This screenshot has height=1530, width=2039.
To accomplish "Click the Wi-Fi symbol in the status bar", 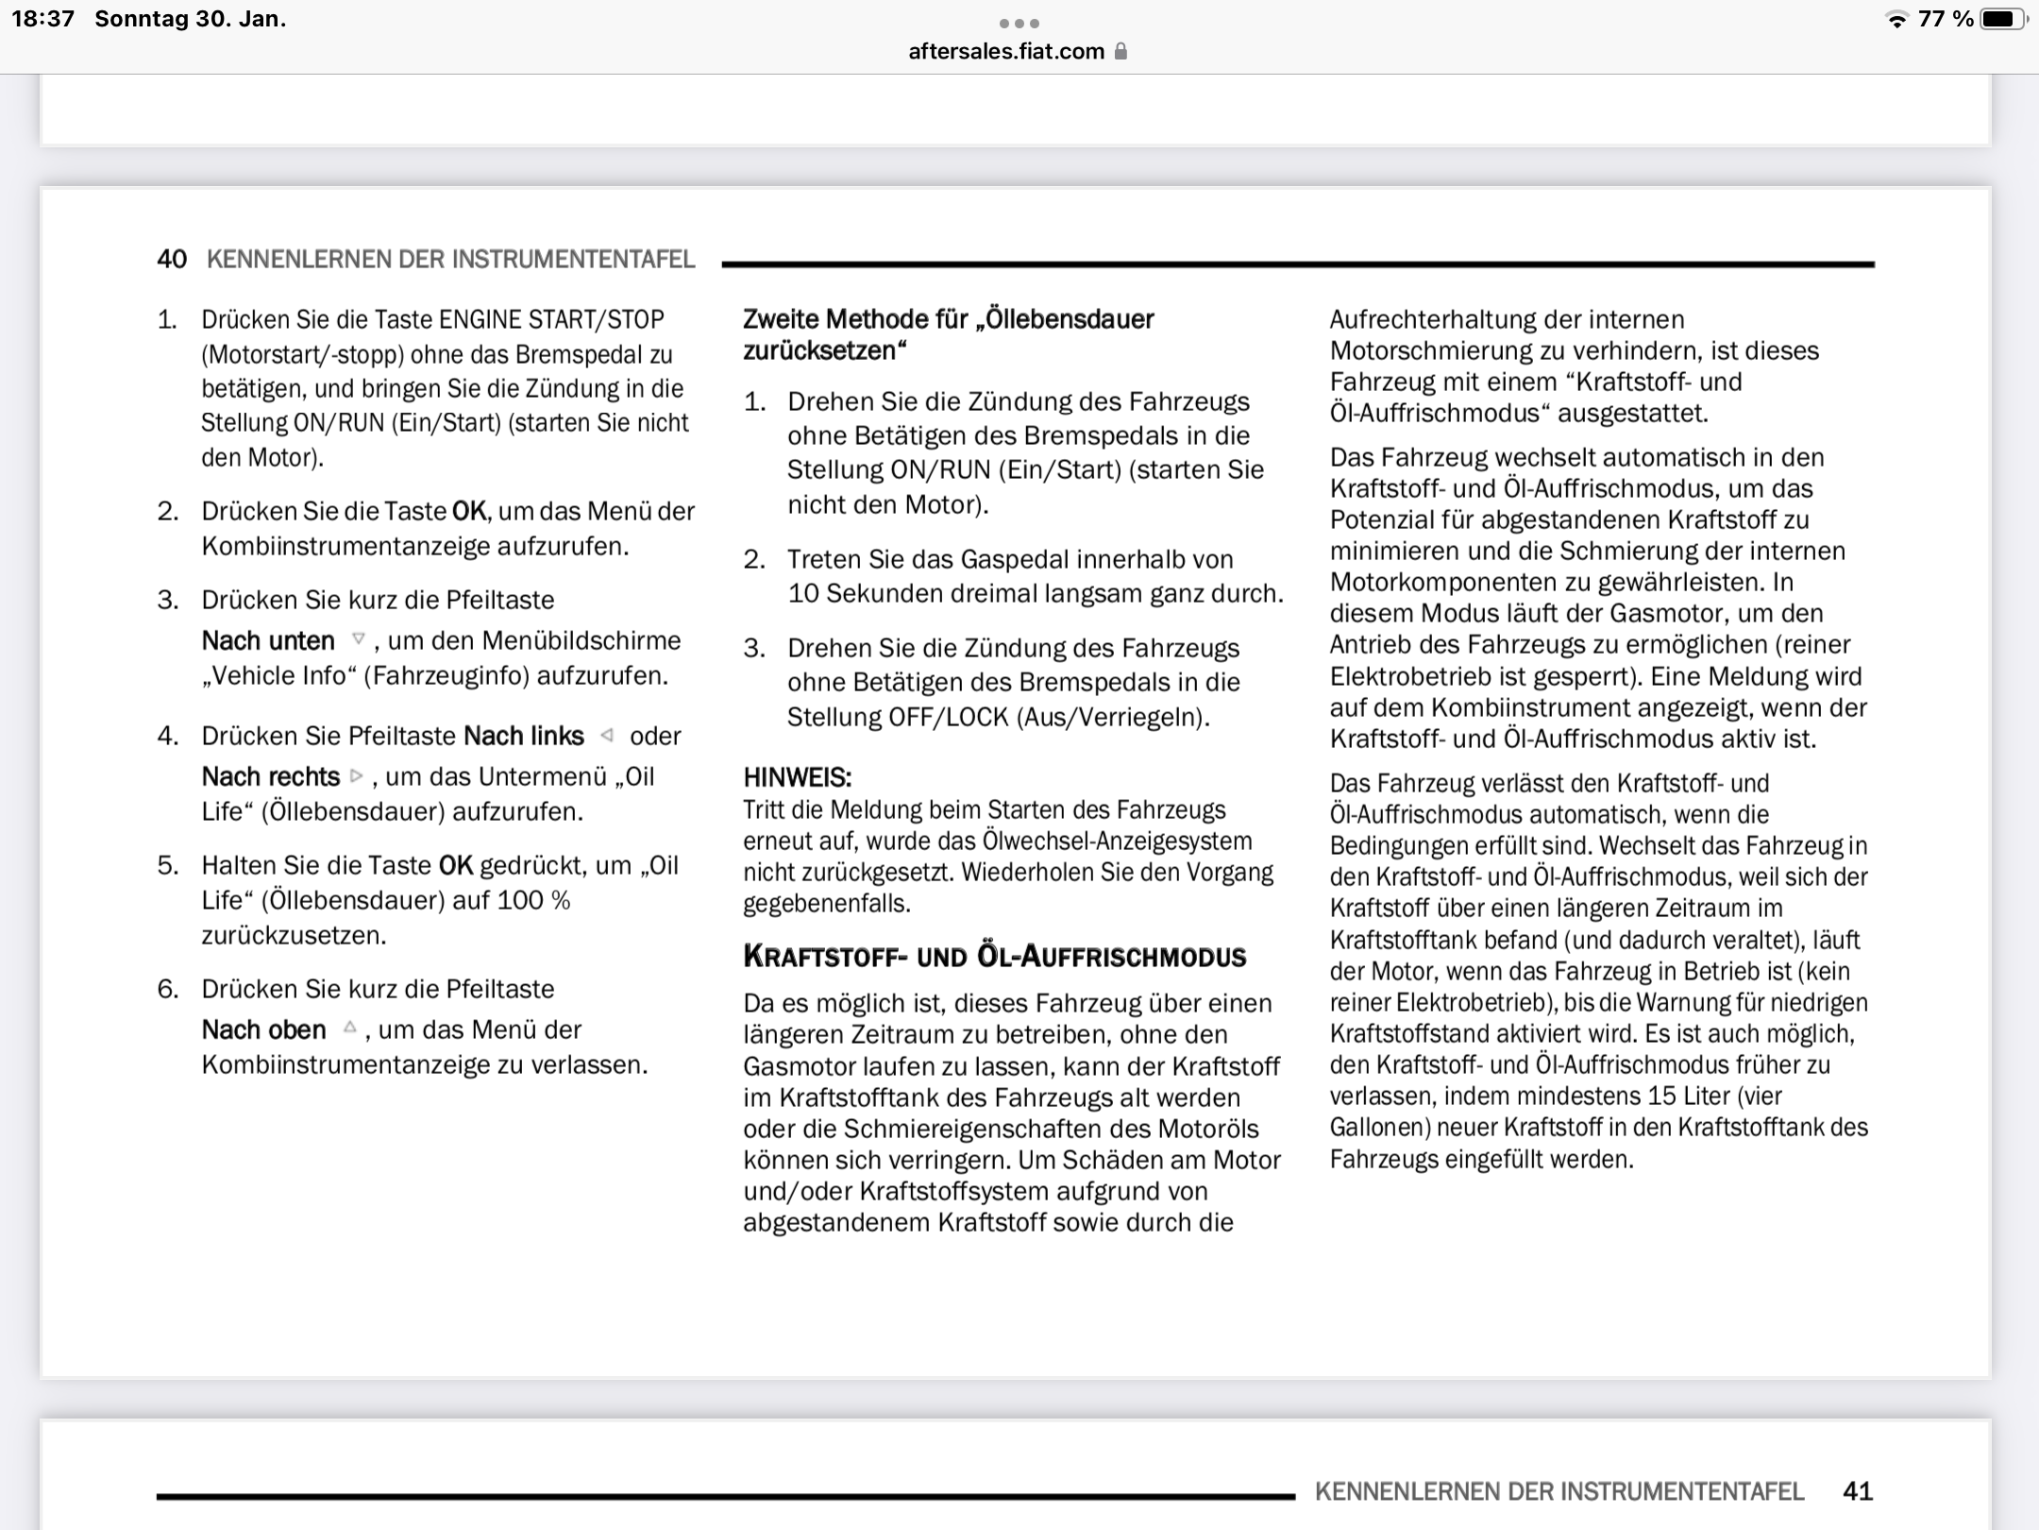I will point(1896,20).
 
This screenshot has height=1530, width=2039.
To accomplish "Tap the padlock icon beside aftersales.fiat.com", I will point(1121,51).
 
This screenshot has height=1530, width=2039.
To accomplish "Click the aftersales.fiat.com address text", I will point(1005,51).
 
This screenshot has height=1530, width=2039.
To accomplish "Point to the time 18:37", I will point(42,19).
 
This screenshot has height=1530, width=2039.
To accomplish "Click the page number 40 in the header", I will point(172,260).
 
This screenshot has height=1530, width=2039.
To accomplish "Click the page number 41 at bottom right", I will point(1857,1491).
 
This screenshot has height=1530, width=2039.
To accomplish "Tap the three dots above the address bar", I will point(1019,23).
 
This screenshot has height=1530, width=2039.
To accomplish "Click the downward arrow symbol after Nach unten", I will point(358,639).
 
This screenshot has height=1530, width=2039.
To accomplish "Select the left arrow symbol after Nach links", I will point(607,735).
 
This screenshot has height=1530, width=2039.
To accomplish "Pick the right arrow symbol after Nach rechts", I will point(356,775).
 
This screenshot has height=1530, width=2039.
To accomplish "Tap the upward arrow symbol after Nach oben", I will point(349,1028).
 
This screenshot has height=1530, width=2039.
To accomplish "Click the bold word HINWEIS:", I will point(797,778).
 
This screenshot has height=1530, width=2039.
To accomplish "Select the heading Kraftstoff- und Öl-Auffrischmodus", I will point(994,957).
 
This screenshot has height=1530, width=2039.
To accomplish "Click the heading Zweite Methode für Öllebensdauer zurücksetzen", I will point(948,334).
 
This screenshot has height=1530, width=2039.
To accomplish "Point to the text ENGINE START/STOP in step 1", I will point(551,319).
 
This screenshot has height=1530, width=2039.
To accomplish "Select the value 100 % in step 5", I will point(533,900).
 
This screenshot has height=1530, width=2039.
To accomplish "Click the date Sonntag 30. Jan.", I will point(190,19).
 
